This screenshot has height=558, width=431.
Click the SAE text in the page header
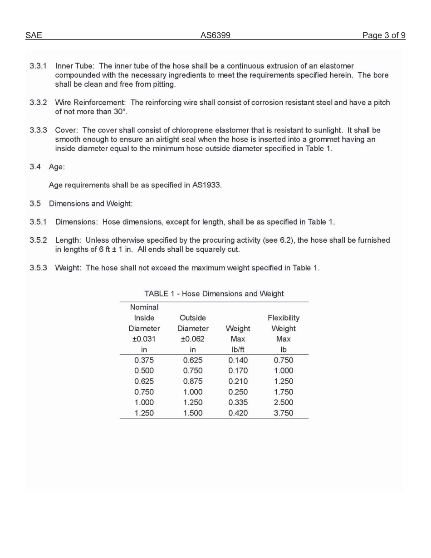[x=34, y=35]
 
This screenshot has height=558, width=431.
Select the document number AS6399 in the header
[x=215, y=35]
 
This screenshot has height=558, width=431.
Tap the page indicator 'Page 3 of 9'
[x=383, y=35]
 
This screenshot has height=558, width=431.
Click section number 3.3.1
[x=38, y=66]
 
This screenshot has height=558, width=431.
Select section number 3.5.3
[x=38, y=268]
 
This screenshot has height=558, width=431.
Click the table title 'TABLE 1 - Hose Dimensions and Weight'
[x=214, y=294]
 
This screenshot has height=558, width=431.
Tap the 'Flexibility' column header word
[x=284, y=318]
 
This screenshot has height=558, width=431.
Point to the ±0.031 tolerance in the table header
[x=144, y=339]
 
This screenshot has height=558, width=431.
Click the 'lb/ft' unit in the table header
[x=238, y=350]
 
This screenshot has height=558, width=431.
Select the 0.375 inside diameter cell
[x=144, y=360]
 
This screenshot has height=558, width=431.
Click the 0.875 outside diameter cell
[x=193, y=382]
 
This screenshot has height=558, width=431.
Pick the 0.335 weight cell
[x=238, y=402]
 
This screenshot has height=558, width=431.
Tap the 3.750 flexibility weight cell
[x=284, y=413]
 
